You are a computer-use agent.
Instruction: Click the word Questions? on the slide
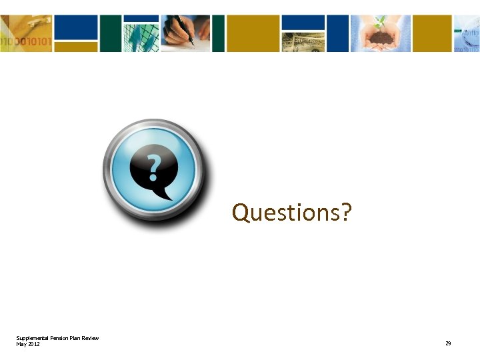(291, 213)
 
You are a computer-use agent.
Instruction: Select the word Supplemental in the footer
(33, 338)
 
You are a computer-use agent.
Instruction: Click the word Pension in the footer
(60, 338)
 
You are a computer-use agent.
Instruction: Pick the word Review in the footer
(90, 338)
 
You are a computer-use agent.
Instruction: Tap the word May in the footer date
(21, 343)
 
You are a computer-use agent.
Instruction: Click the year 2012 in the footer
(34, 343)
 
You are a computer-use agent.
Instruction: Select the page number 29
(448, 343)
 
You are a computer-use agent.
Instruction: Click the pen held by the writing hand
(183, 29)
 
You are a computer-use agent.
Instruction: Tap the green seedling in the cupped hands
(381, 23)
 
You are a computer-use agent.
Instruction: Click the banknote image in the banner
(303, 42)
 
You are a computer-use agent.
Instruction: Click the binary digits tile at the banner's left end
(25, 33)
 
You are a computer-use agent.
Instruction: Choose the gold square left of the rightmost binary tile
(431, 33)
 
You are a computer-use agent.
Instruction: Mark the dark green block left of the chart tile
(111, 33)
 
